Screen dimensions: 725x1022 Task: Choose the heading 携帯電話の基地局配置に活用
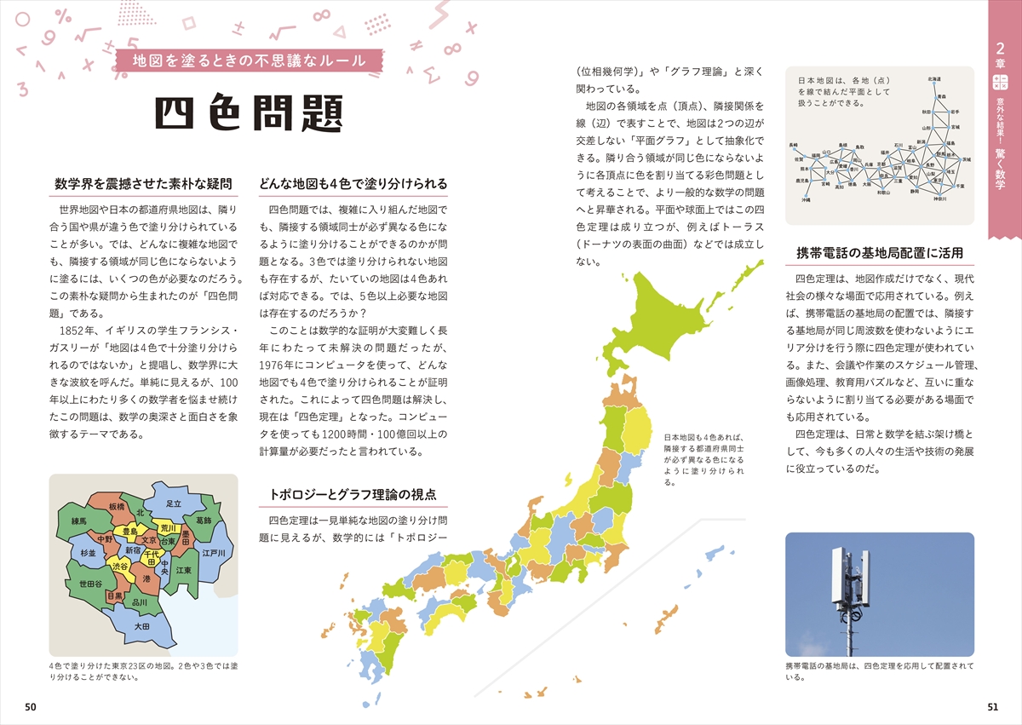[879, 252]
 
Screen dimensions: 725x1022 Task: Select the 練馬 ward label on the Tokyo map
[79, 521]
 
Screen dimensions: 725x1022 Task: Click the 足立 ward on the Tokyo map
[174, 503]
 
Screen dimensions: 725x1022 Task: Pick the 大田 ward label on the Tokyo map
[141, 626]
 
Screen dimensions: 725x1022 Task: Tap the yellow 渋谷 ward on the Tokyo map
[119, 567]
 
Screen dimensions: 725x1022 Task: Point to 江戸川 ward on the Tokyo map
[213, 553]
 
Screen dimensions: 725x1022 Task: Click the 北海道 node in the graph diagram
[934, 79]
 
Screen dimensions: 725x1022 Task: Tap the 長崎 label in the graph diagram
[795, 146]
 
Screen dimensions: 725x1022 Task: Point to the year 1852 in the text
[71, 331]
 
